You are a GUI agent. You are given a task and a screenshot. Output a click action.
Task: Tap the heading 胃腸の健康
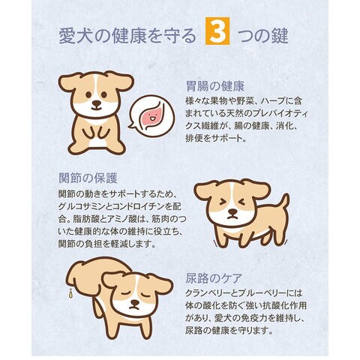215,86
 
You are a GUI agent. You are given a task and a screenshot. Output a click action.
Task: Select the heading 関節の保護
88,178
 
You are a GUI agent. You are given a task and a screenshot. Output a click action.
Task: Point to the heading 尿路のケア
214,278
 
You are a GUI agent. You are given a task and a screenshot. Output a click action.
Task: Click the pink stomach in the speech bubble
152,117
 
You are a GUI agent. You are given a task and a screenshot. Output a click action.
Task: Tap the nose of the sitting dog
96,103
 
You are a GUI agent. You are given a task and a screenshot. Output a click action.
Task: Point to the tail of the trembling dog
283,204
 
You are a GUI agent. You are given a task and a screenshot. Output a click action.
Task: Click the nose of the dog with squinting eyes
232,211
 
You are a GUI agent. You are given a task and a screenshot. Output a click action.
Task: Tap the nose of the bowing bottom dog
135,303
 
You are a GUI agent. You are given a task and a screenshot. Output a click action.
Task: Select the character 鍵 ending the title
280,36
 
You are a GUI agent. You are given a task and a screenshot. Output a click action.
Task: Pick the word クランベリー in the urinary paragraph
206,293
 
